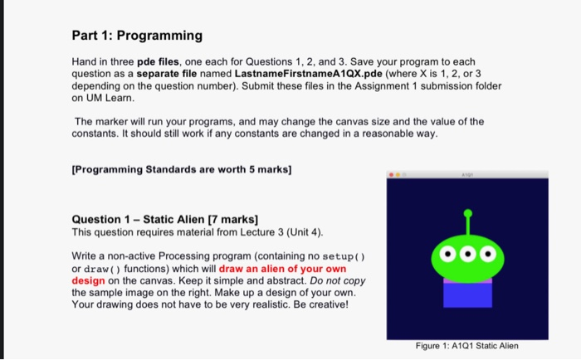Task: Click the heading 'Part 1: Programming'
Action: (137, 36)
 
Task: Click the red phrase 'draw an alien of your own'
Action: (282, 270)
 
